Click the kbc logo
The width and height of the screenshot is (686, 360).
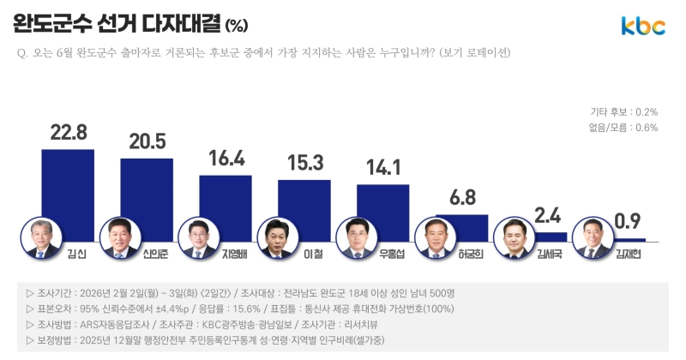click(643, 26)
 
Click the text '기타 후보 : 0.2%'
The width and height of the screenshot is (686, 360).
click(623, 112)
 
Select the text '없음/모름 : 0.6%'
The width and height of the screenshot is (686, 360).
click(623, 128)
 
